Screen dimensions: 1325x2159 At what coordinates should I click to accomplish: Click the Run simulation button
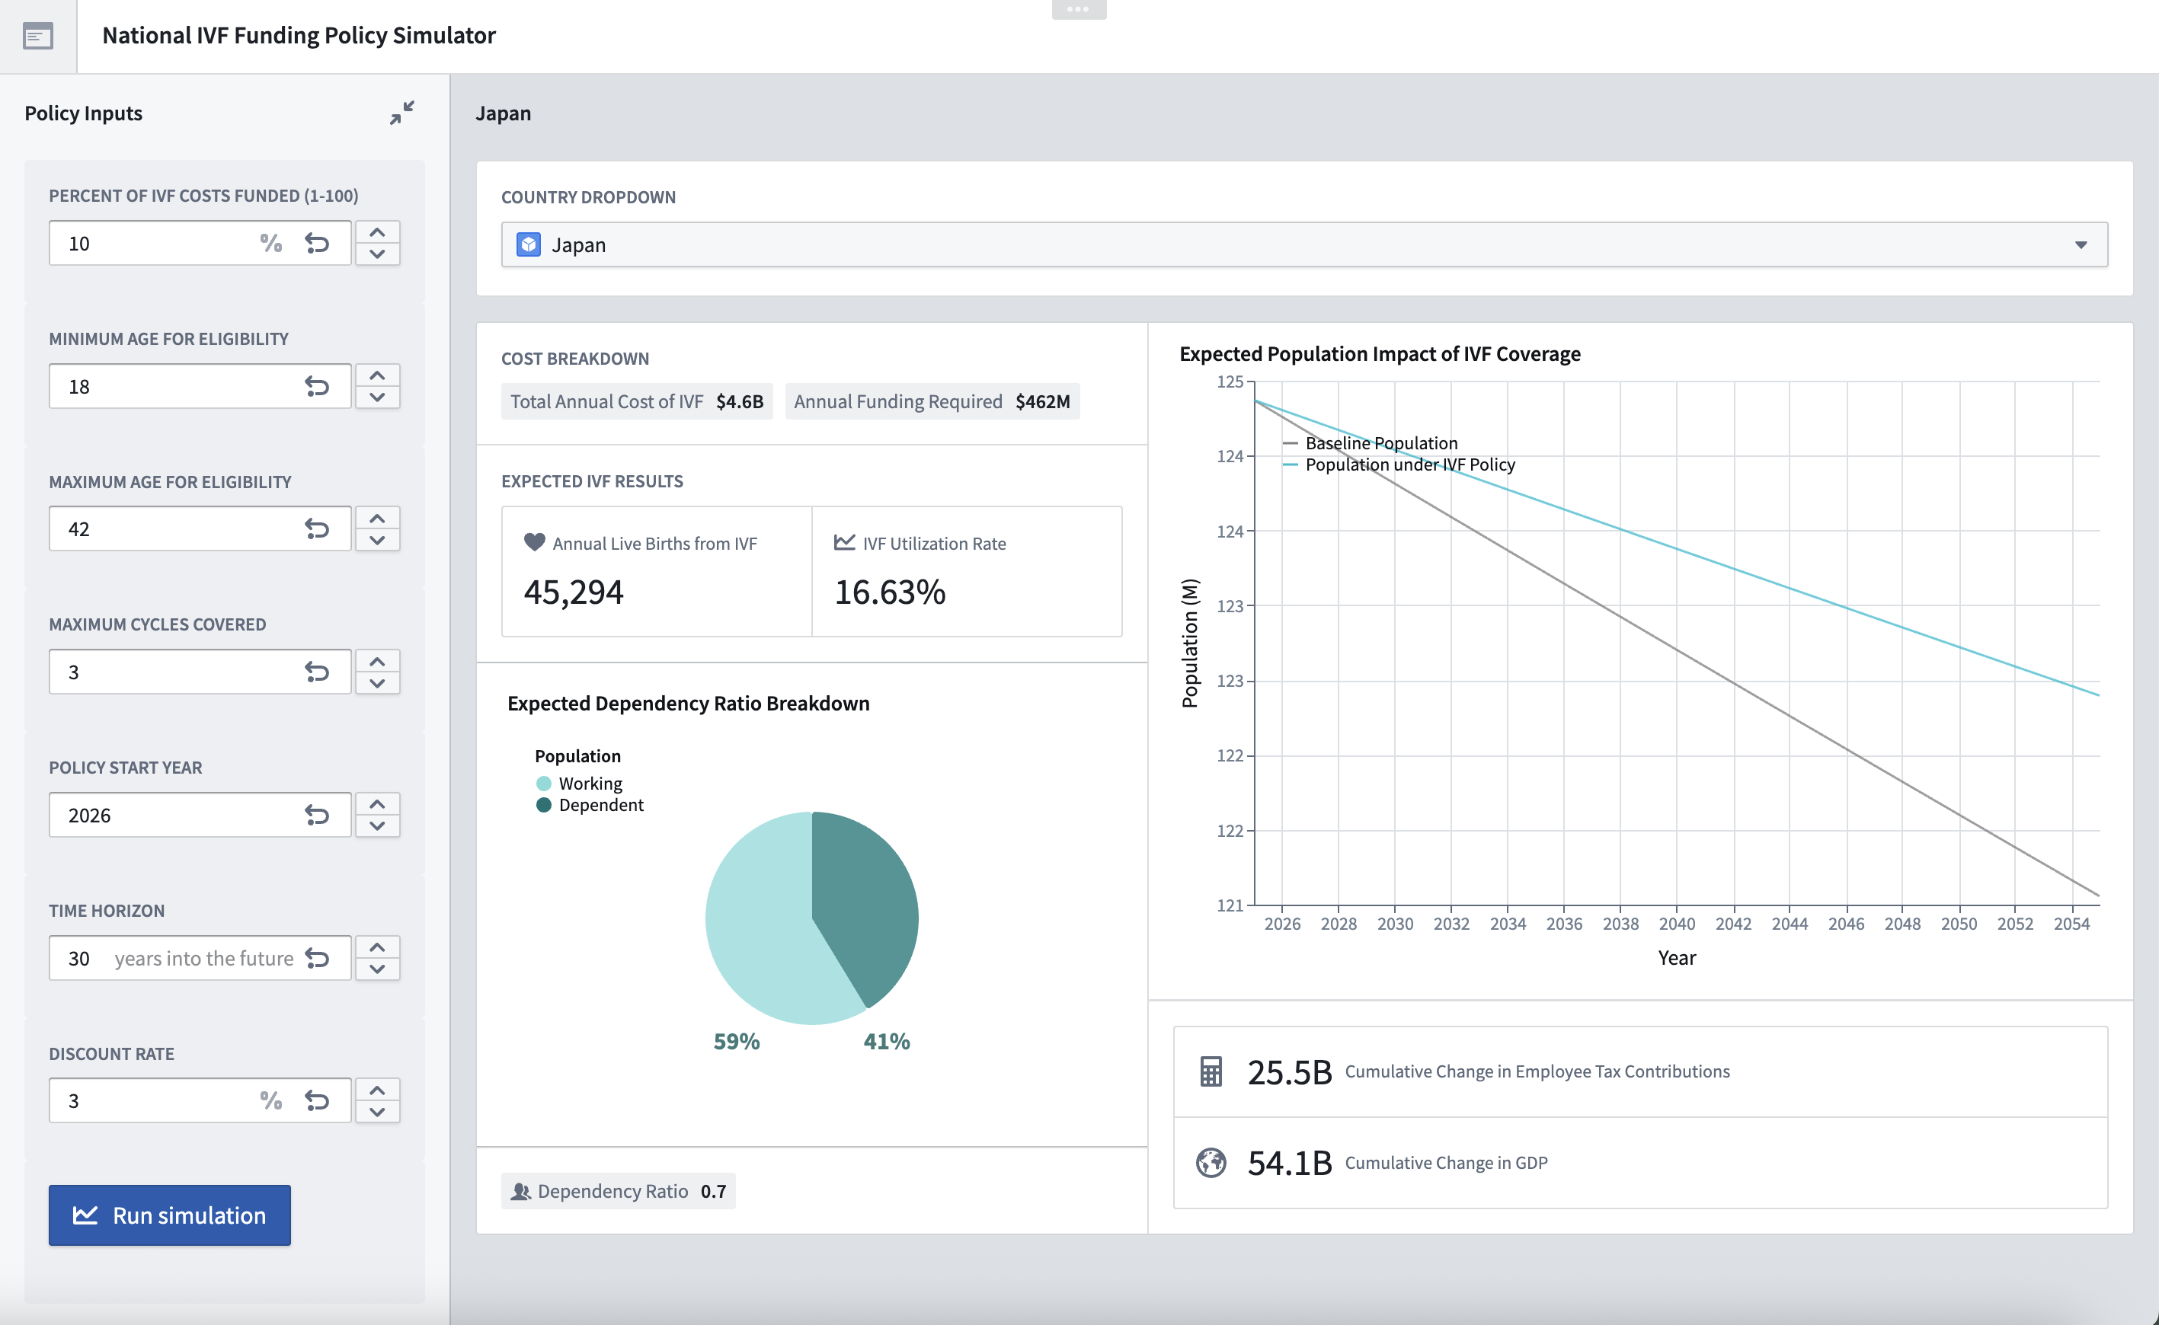tap(169, 1215)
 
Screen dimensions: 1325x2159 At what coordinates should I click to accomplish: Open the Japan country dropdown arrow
tap(2080, 245)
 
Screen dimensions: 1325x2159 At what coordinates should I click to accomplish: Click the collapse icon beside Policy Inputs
tap(401, 113)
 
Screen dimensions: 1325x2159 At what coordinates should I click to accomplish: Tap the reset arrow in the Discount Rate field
tap(316, 1100)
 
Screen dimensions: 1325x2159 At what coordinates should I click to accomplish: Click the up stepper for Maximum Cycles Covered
tap(377, 662)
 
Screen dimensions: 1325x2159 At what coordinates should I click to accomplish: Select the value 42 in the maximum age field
tap(79, 529)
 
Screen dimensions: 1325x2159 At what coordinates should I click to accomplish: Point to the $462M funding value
tap(1042, 401)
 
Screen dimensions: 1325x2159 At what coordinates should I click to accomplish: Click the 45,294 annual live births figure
tap(574, 592)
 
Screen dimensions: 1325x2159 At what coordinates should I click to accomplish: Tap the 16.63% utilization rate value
tap(890, 592)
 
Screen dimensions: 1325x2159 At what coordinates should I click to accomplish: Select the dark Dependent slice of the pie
tap(868, 902)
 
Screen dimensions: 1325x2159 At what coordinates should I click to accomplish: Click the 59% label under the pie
tap(737, 1041)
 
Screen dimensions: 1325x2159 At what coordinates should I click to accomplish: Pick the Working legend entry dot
tap(543, 784)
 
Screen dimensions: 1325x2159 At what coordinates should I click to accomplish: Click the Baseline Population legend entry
tap(1380, 443)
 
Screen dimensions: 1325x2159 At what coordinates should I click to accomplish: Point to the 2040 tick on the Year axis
tap(1676, 924)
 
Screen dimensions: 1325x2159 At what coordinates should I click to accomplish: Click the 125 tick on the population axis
tap(1230, 382)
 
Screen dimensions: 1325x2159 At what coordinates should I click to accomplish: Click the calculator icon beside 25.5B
tap(1211, 1071)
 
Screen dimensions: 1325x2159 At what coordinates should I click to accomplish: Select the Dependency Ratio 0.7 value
tap(712, 1191)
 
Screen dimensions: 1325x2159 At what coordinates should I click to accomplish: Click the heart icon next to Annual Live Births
tap(534, 542)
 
